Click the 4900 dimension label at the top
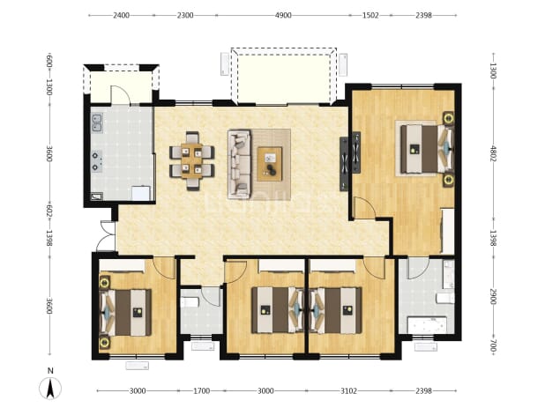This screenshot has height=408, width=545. tap(283, 15)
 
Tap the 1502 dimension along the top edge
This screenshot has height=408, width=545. tap(370, 15)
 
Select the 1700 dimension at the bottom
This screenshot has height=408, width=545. tap(202, 391)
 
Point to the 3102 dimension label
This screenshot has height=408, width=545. tap(348, 391)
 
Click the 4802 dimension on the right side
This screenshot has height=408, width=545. tap(493, 152)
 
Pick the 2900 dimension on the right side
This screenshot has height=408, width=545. tap(493, 297)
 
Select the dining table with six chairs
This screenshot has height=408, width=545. tap(192, 161)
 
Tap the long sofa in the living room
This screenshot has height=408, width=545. tap(240, 164)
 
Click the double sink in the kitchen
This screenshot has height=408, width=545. tap(97, 123)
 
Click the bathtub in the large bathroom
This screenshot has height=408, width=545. tap(427, 324)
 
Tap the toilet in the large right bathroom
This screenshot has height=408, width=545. tap(445, 298)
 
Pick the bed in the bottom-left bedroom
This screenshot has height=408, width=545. tap(126, 313)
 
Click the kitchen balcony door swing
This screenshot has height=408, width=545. tap(120, 94)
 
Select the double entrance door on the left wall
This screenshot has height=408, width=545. tap(107, 235)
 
